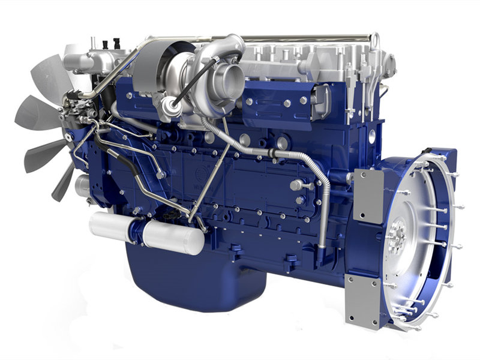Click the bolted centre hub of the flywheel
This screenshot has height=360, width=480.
point(397,232)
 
